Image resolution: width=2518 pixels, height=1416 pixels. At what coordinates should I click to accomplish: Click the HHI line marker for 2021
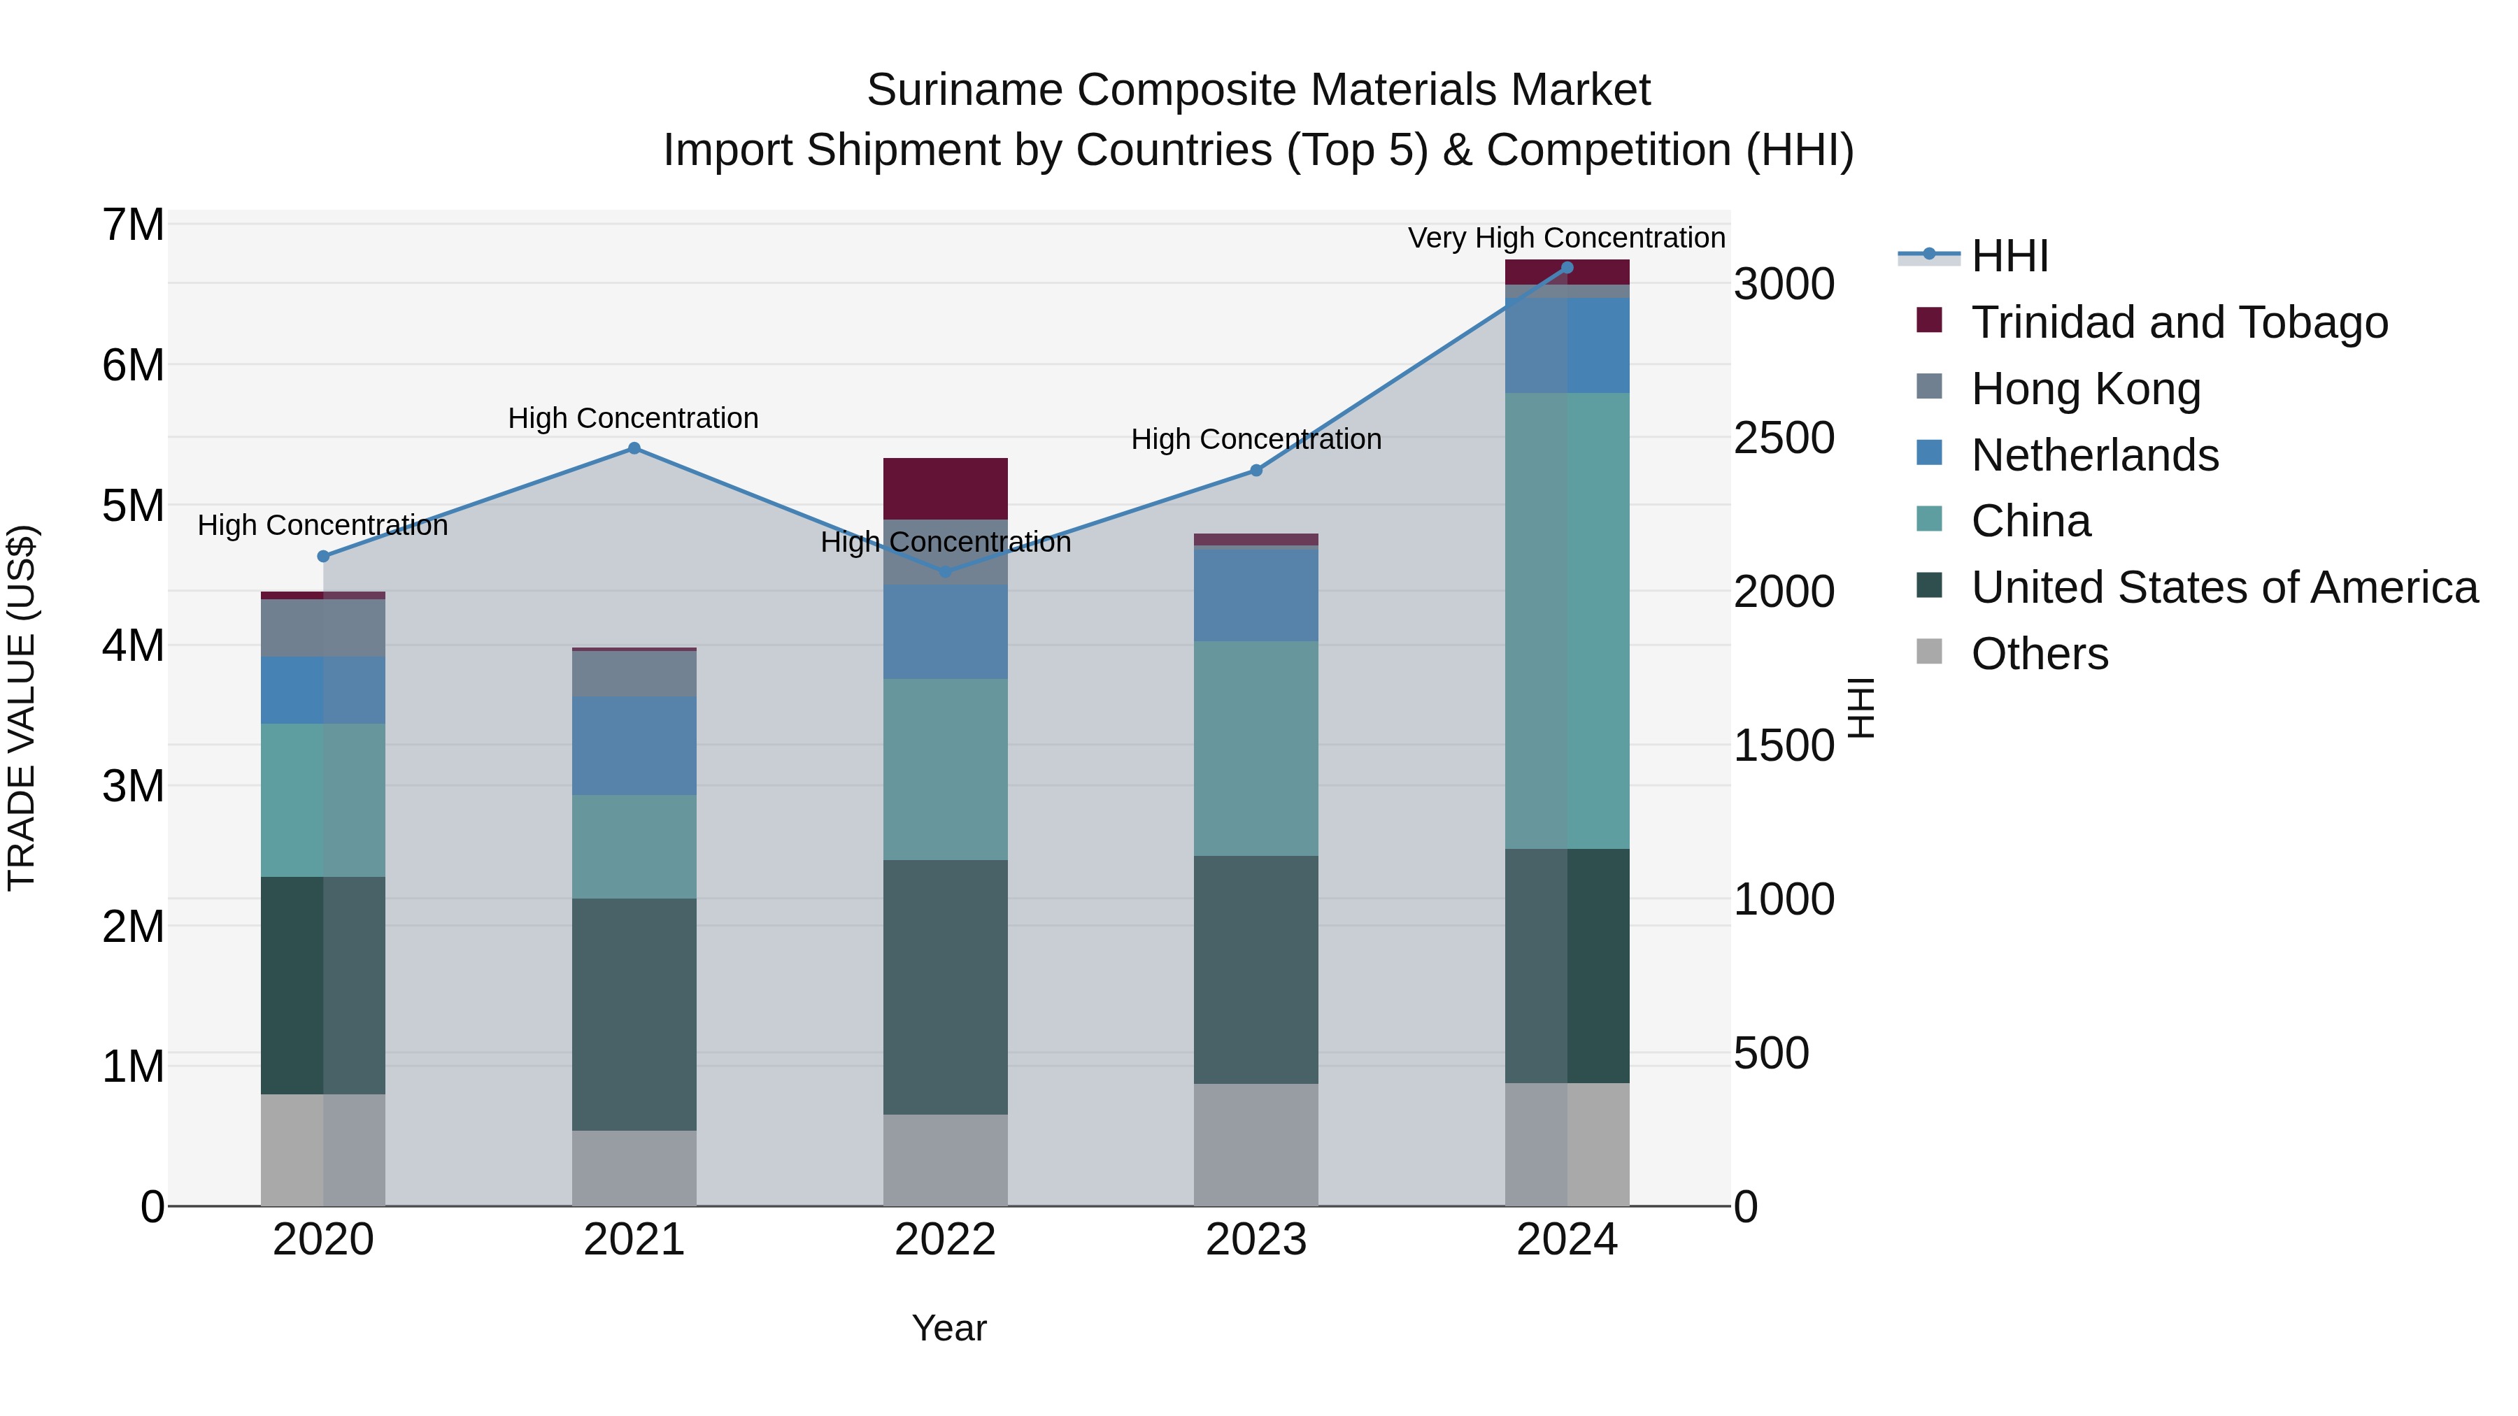click(x=634, y=448)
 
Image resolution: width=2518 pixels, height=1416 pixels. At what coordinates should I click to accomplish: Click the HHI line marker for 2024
click(x=1567, y=268)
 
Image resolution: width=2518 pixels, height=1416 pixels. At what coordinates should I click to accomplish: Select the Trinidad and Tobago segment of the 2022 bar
click(x=945, y=489)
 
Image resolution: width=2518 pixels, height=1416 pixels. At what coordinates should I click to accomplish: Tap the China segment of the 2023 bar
click(x=1256, y=748)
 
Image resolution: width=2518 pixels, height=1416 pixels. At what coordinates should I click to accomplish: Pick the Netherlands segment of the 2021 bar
click(x=634, y=745)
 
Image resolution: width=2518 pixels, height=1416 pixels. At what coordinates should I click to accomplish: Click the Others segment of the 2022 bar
click(x=945, y=1160)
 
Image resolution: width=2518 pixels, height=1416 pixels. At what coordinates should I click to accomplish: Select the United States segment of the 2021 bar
click(x=634, y=1015)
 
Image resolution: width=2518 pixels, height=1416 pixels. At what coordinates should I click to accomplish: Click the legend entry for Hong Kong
click(x=2085, y=389)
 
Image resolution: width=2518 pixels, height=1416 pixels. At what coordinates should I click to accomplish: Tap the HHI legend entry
click(x=2009, y=256)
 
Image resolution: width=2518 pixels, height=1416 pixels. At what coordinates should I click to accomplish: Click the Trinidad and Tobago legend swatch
click(x=1928, y=320)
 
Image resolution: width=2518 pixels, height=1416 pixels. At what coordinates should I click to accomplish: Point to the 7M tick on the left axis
click(x=133, y=226)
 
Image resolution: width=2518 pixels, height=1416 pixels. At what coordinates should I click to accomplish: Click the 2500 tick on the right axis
click(x=1784, y=438)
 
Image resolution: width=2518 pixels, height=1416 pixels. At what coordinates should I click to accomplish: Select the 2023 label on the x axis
click(x=1256, y=1240)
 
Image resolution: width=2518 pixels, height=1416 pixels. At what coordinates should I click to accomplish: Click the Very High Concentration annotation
click(x=1566, y=238)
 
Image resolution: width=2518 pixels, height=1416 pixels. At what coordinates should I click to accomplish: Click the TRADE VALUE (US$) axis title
click(x=22, y=708)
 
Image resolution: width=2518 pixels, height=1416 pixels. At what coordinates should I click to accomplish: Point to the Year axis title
click(x=948, y=1328)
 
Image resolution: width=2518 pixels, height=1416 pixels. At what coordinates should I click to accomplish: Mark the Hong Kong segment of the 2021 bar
click(x=634, y=673)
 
